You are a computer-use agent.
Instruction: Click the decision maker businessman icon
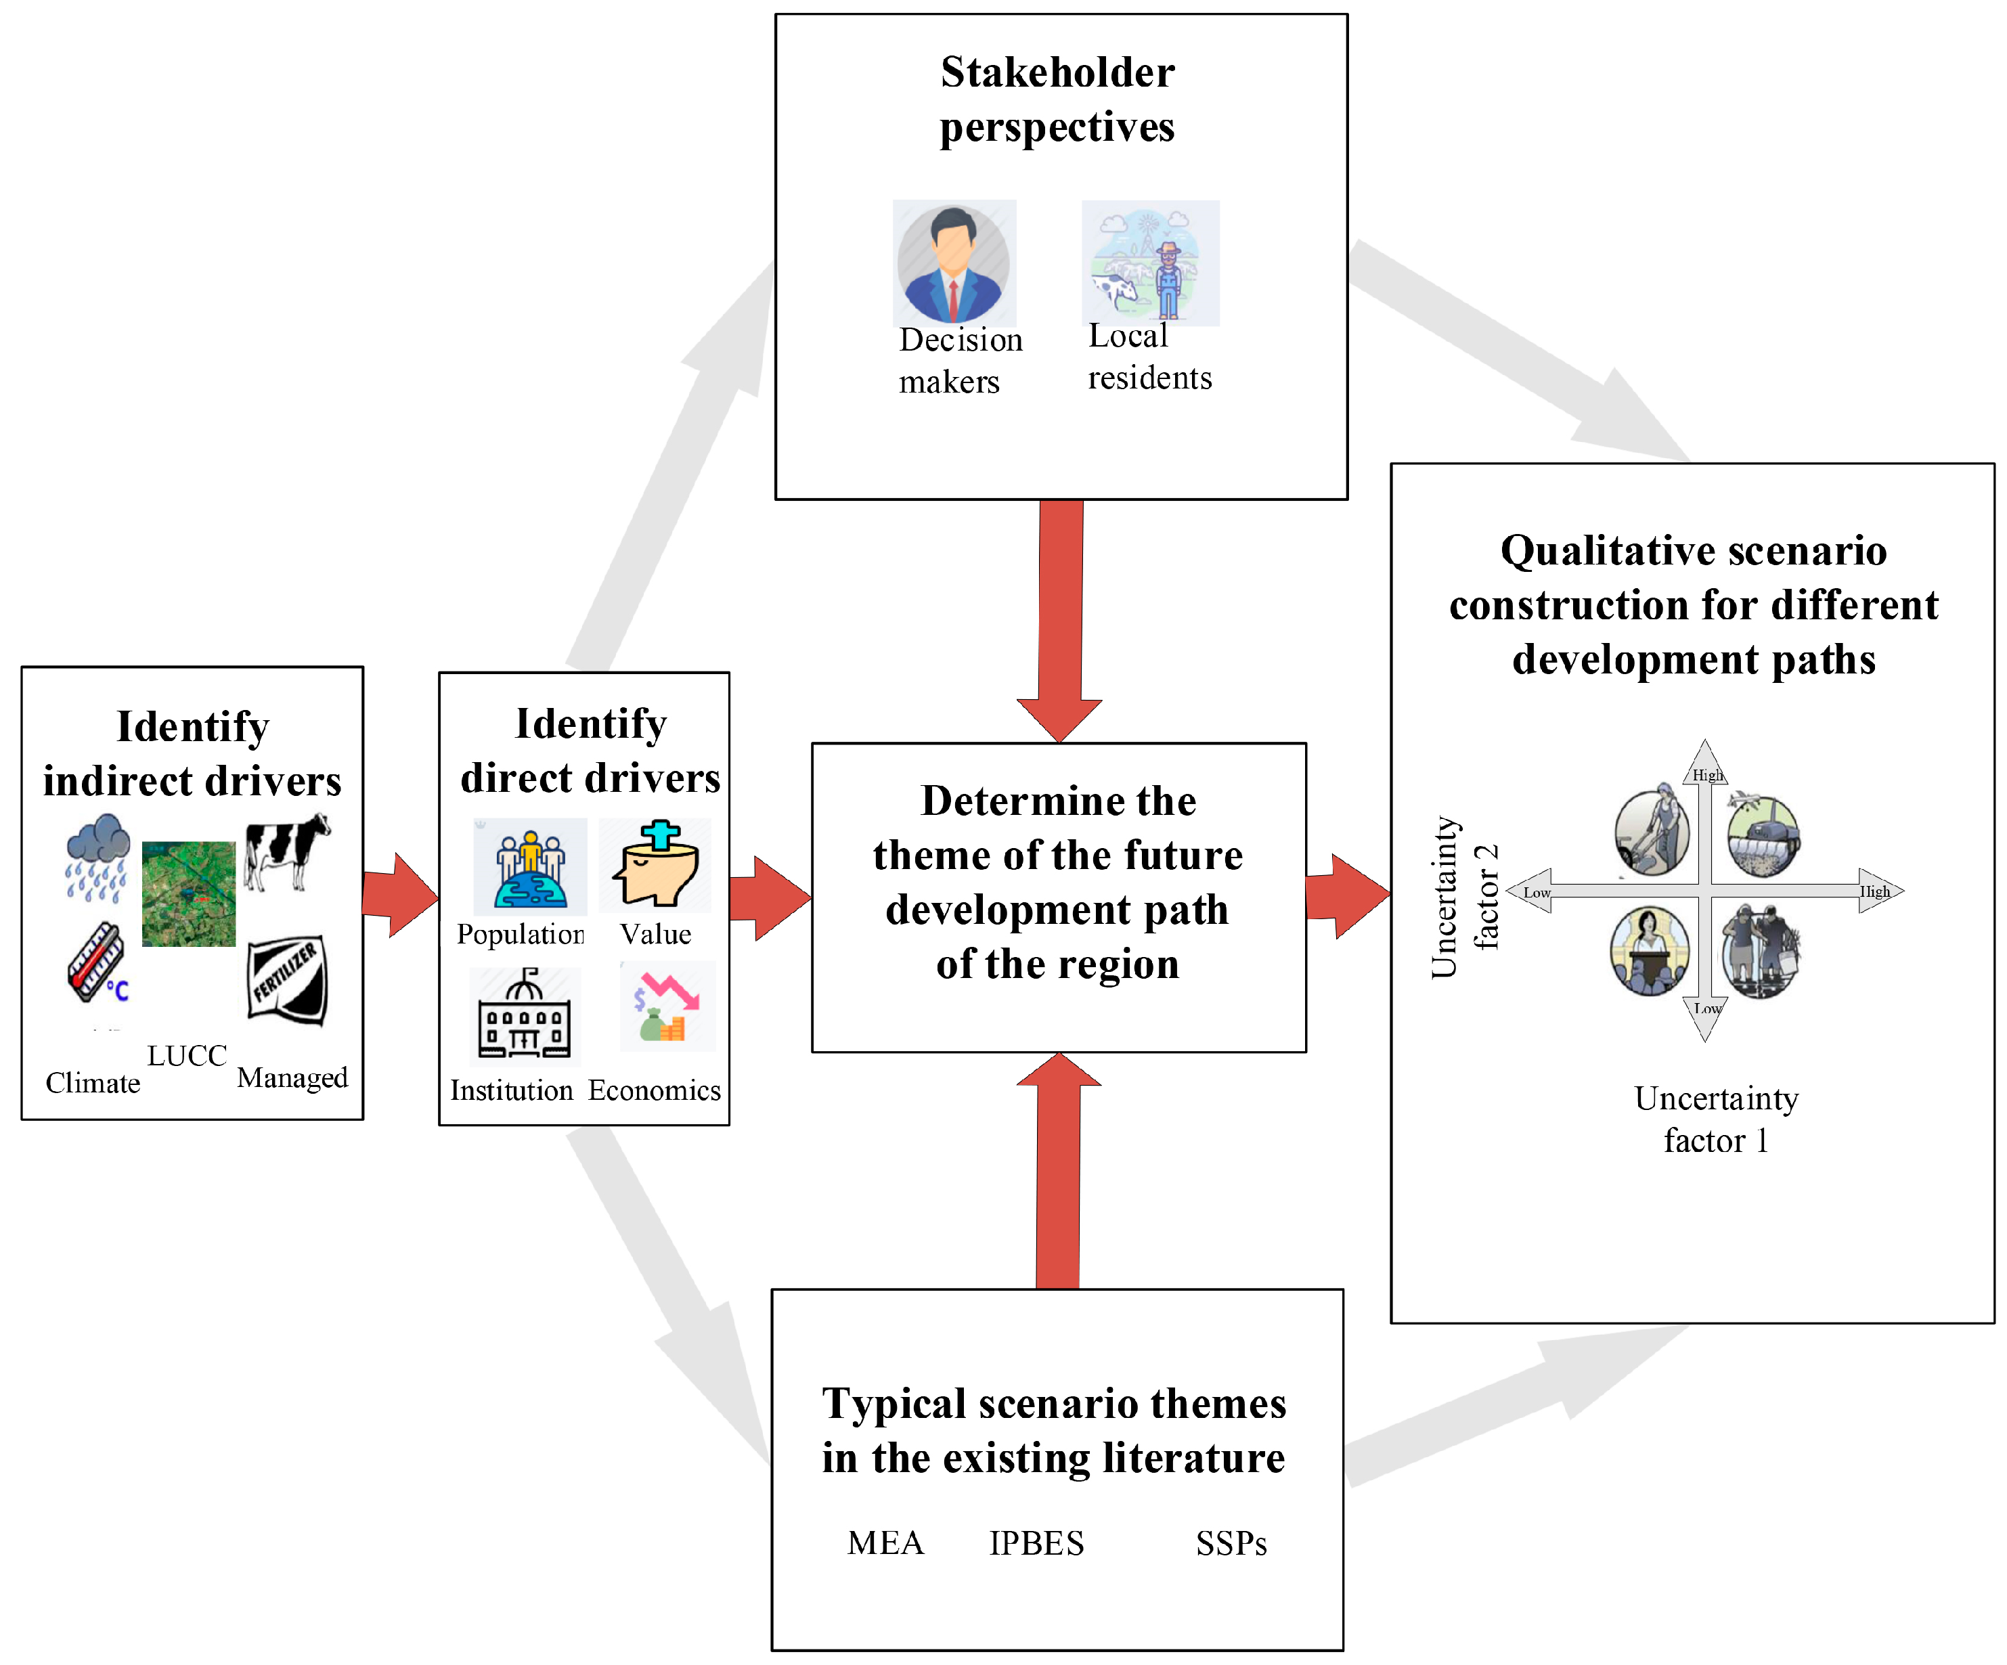[x=954, y=264]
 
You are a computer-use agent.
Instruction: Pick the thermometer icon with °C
[x=97, y=962]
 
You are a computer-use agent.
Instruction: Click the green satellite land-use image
[x=188, y=893]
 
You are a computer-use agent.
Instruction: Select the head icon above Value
[x=656, y=864]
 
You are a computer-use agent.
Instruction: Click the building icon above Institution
[x=525, y=1015]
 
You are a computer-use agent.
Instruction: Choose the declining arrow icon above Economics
[x=667, y=1006]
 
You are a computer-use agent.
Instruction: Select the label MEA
[x=885, y=1542]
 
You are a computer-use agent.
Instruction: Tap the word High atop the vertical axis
[x=1707, y=775]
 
